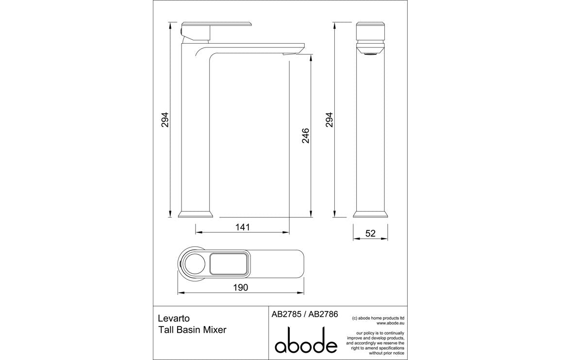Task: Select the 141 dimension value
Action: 243,227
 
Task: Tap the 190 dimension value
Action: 241,287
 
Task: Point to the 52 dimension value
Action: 370,233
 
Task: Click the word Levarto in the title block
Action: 174,319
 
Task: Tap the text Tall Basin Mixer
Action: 192,330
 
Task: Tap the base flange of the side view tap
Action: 196,214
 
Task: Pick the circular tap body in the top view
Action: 193,265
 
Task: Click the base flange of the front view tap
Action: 370,214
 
